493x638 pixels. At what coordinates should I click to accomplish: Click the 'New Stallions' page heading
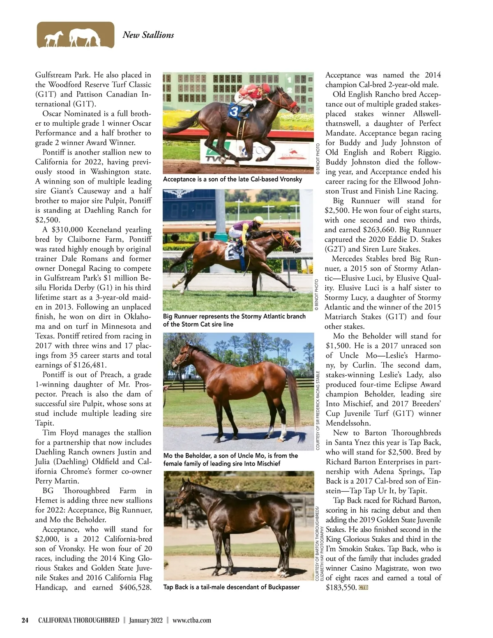pos(148,35)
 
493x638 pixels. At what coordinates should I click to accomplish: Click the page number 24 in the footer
pos(25,620)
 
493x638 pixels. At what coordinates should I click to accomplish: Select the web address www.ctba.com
pos(192,620)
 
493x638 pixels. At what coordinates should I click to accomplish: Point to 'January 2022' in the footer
pos(146,620)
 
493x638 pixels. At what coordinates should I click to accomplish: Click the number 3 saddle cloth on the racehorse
pos(234,111)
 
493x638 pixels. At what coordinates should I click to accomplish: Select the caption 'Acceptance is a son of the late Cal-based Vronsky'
pos(233,179)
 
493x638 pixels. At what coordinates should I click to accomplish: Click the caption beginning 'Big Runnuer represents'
pos(234,320)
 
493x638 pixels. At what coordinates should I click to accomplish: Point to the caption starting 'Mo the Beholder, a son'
pos(230,459)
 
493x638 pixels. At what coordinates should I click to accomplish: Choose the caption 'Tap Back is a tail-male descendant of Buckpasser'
pos(231,587)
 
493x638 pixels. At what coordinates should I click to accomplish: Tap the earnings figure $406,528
pos(136,587)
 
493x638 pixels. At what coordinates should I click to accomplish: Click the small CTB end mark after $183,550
pos(363,587)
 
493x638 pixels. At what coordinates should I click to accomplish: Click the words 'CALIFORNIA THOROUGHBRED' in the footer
pos(79,620)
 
